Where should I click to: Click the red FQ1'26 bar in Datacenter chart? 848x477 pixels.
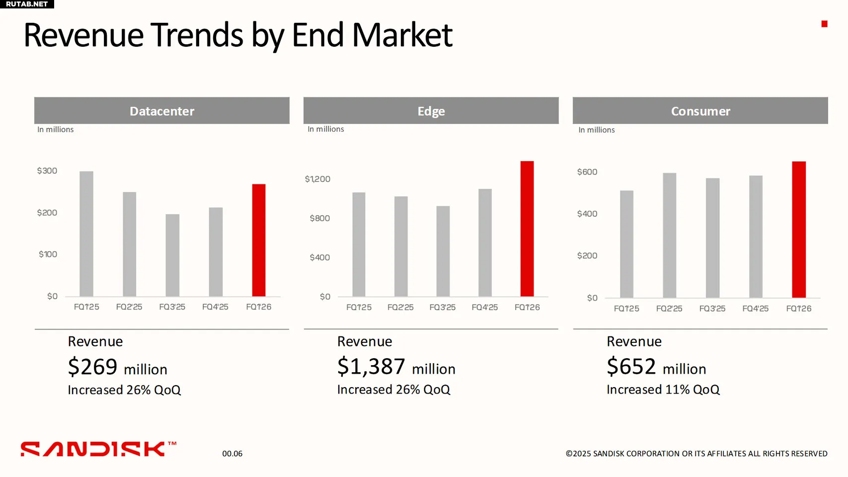[x=258, y=240]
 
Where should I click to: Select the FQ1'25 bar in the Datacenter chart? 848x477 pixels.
[x=86, y=234]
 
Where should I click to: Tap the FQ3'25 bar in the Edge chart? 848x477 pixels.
[x=443, y=251]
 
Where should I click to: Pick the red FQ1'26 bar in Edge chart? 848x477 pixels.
[x=527, y=229]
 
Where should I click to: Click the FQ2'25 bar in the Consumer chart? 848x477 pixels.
[x=669, y=235]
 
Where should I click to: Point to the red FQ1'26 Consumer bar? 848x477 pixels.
[x=799, y=230]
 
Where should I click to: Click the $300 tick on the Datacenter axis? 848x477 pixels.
[x=47, y=171]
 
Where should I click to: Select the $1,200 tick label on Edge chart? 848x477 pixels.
[x=317, y=179]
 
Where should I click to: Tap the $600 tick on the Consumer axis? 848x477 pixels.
[x=587, y=172]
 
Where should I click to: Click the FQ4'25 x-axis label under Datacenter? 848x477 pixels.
[x=215, y=307]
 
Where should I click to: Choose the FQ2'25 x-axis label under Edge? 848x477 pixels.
[x=400, y=308]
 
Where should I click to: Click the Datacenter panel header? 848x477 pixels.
[x=162, y=111]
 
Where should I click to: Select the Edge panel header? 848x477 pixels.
[x=431, y=111]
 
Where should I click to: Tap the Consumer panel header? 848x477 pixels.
[x=700, y=111]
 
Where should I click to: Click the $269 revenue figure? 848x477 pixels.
[x=93, y=367]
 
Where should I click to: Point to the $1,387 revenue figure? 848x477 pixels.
[x=371, y=367]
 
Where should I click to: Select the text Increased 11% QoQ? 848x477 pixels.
[x=663, y=390]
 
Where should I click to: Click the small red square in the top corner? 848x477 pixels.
[x=824, y=24]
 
